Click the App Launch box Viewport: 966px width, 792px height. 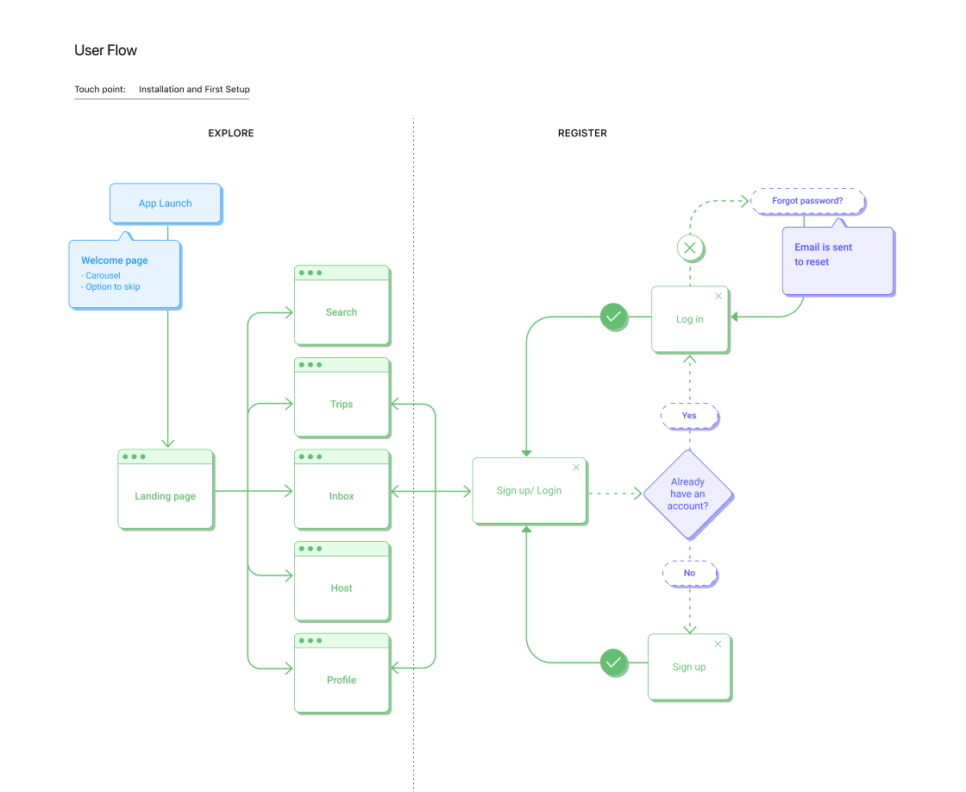click(x=165, y=204)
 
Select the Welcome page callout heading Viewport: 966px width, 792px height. click(x=115, y=261)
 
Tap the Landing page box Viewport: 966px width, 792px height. click(x=165, y=496)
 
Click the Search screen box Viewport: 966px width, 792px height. click(x=342, y=312)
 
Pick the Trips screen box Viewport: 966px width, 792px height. click(x=342, y=404)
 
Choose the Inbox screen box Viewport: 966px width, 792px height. click(x=342, y=496)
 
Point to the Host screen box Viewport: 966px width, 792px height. click(x=342, y=588)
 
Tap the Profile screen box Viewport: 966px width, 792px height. click(x=342, y=680)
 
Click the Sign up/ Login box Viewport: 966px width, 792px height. click(x=529, y=491)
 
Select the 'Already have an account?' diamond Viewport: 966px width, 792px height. click(x=688, y=494)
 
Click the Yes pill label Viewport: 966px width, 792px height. click(x=689, y=416)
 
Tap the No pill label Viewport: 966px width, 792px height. click(x=689, y=573)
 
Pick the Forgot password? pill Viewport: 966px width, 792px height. click(x=807, y=201)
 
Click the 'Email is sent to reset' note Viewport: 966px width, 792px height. click(x=837, y=260)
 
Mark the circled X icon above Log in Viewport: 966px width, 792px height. click(x=689, y=249)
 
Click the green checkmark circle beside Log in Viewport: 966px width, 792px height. click(x=614, y=317)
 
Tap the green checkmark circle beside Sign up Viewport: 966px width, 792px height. click(x=614, y=663)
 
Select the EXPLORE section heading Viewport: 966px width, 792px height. click(x=231, y=134)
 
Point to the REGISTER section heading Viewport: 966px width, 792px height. click(x=582, y=134)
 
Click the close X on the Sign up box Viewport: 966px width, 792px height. click(x=718, y=644)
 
